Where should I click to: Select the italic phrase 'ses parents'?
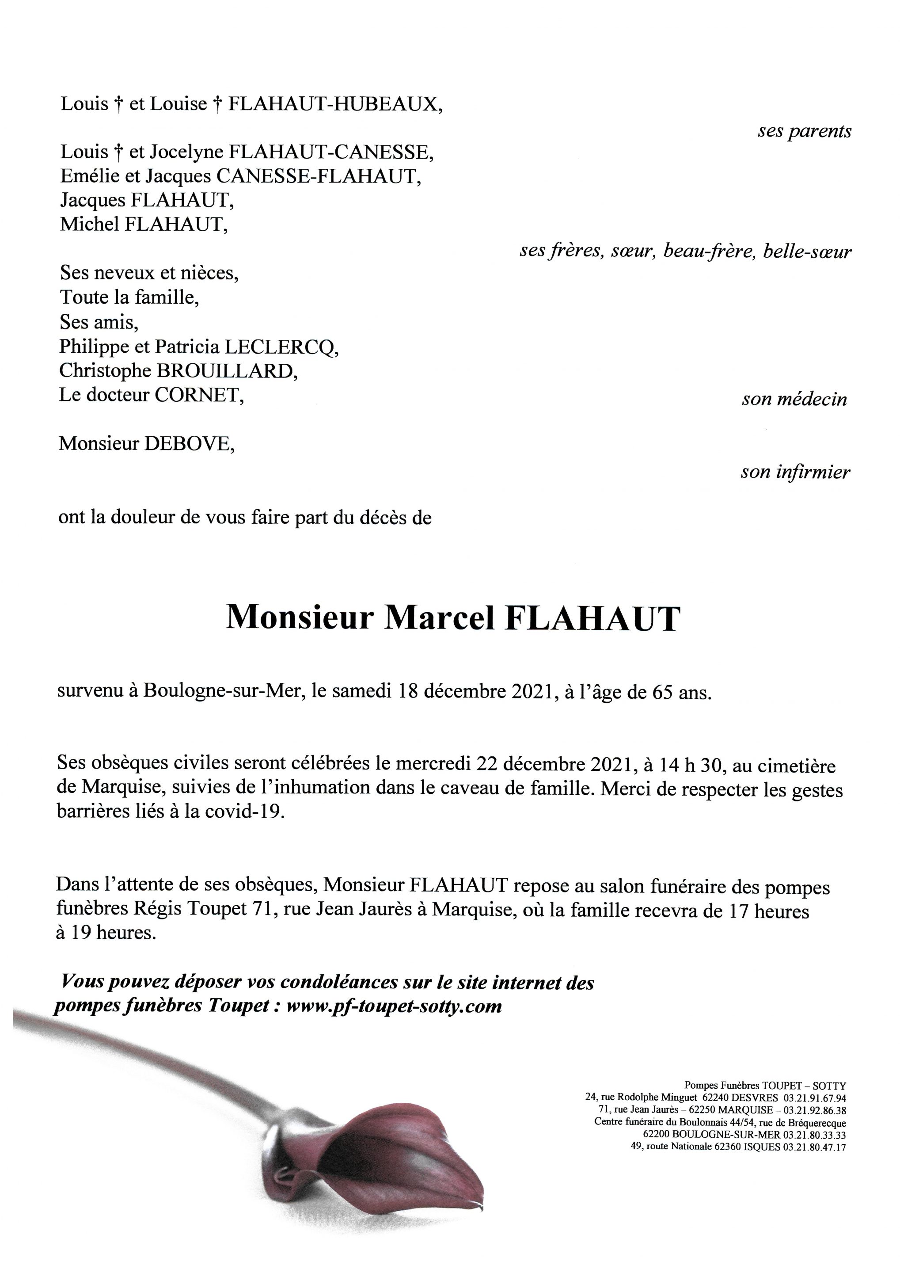coord(804,131)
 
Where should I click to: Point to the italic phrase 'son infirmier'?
coord(795,472)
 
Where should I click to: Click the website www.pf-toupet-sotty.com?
coord(394,1005)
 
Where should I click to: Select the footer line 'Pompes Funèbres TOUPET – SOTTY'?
coord(765,1085)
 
